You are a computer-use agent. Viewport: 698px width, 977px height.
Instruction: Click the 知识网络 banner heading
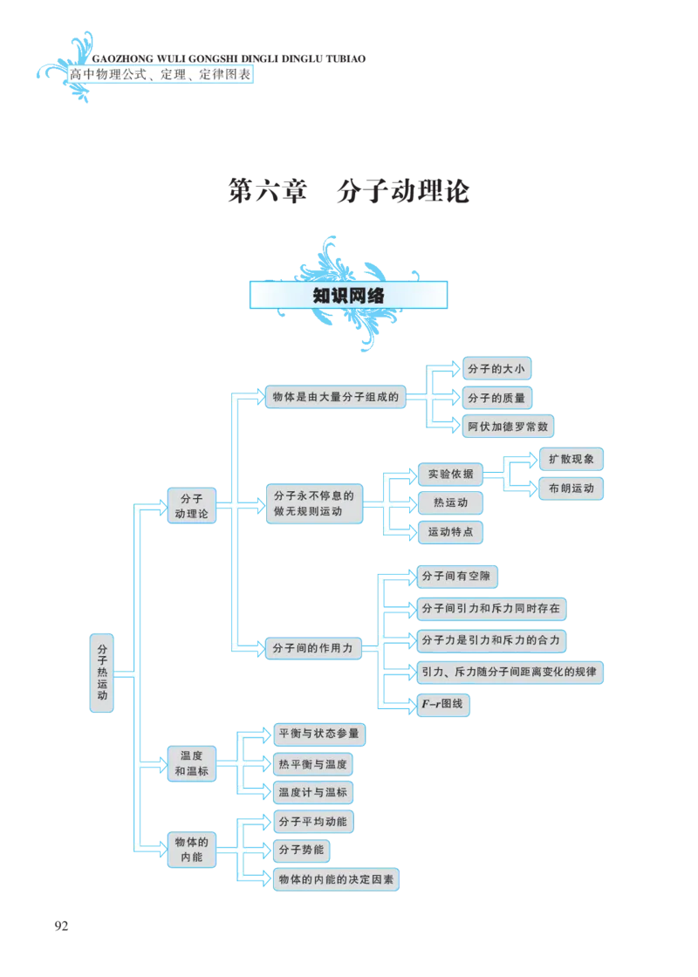tap(349, 296)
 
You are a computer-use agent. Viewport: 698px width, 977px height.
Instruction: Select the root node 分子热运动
tap(102, 673)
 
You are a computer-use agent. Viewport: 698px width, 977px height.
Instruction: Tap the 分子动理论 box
tap(191, 505)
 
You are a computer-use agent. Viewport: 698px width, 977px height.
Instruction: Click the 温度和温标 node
tap(191, 763)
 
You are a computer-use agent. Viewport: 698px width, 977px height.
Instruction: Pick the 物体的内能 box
tap(191, 850)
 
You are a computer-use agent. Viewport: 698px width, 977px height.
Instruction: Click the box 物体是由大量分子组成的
tap(336, 397)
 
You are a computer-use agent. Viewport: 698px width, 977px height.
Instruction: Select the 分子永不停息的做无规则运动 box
tap(313, 504)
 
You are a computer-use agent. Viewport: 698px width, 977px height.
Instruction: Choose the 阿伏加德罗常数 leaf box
tap(508, 427)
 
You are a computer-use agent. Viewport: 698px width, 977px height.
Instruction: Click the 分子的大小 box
tap(496, 369)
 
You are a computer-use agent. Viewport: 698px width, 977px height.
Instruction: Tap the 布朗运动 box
tap(571, 488)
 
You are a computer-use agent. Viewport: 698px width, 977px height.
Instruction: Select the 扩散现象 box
tap(571, 459)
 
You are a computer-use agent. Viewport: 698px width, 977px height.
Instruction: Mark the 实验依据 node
tap(450, 475)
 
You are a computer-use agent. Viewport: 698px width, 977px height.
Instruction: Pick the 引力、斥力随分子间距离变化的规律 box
tap(509, 673)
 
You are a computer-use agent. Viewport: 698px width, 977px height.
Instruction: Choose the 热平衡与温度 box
tap(312, 765)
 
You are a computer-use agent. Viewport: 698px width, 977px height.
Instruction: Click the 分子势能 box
tap(301, 850)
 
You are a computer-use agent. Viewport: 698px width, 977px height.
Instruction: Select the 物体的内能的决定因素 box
tap(336, 879)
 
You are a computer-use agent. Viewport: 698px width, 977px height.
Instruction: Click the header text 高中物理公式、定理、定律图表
tap(160, 75)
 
